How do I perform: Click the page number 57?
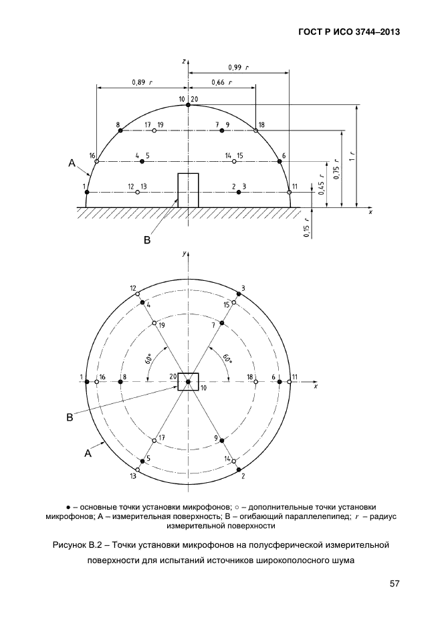click(x=395, y=584)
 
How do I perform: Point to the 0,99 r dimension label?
click(x=237, y=68)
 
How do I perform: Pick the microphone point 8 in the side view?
click(x=120, y=130)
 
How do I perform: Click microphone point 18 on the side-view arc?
click(x=255, y=130)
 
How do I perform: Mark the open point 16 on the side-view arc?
click(x=96, y=161)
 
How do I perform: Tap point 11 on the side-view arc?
click(x=290, y=192)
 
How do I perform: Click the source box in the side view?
click(x=188, y=190)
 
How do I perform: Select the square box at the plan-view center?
click(x=188, y=382)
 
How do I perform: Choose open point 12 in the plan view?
click(x=138, y=294)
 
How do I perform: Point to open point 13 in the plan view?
click(x=138, y=470)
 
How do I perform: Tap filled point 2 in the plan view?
click(x=239, y=470)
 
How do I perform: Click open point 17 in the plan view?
click(x=154, y=440)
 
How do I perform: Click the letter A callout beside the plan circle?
click(x=87, y=453)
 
